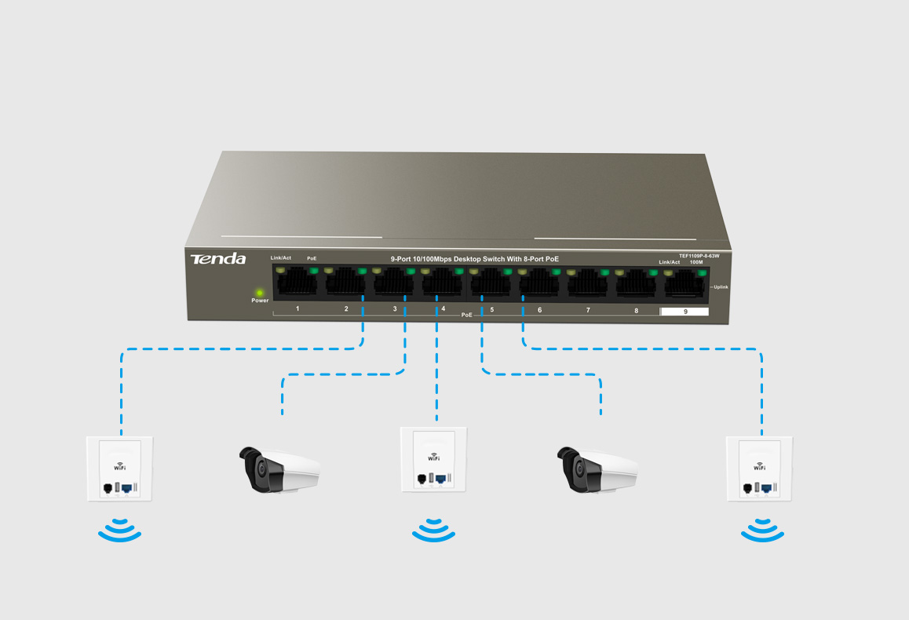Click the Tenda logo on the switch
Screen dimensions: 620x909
218,259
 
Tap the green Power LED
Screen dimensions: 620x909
260,293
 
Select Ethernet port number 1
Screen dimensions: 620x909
297,282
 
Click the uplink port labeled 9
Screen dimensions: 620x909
684,283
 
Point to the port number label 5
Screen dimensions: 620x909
492,310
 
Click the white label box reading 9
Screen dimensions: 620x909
684,312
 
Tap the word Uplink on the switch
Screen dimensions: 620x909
721,287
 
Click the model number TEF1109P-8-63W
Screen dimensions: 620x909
699,256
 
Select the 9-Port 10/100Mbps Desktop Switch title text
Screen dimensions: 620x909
475,259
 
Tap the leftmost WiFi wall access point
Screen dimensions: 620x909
119,469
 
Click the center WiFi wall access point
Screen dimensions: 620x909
434,460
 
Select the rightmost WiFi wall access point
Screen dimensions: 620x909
759,469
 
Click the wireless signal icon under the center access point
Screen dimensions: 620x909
434,530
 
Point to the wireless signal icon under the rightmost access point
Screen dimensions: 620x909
762,530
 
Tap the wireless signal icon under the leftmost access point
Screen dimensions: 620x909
119,530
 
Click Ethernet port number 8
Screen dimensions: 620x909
636,283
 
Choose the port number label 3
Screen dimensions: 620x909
395,309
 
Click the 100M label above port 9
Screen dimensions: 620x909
696,262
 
